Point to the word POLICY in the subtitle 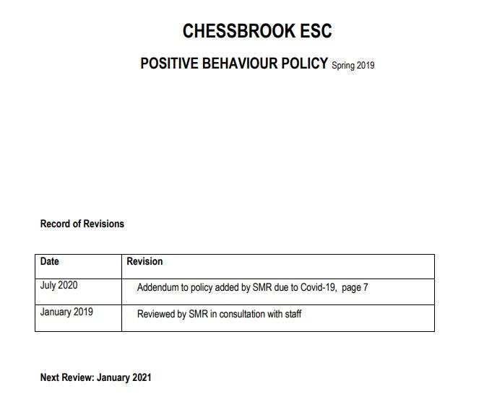coord(304,63)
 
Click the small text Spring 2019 coord(353,66)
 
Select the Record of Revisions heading coord(82,224)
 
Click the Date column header coord(50,261)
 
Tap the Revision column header coord(144,261)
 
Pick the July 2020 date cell coord(59,285)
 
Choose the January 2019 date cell coord(66,312)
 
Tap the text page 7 coord(355,288)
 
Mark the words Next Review coord(66,377)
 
